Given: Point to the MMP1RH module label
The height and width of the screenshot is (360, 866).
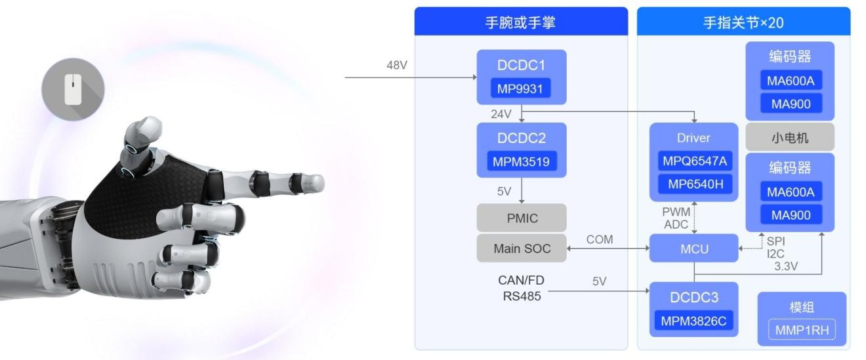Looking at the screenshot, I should click(801, 330).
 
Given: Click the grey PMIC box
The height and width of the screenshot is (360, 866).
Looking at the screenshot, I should click(520, 217).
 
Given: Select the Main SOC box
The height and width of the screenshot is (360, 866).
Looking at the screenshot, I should click(520, 249).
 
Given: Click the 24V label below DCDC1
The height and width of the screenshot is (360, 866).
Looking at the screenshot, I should click(502, 113).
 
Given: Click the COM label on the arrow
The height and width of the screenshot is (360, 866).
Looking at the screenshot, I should click(600, 240).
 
